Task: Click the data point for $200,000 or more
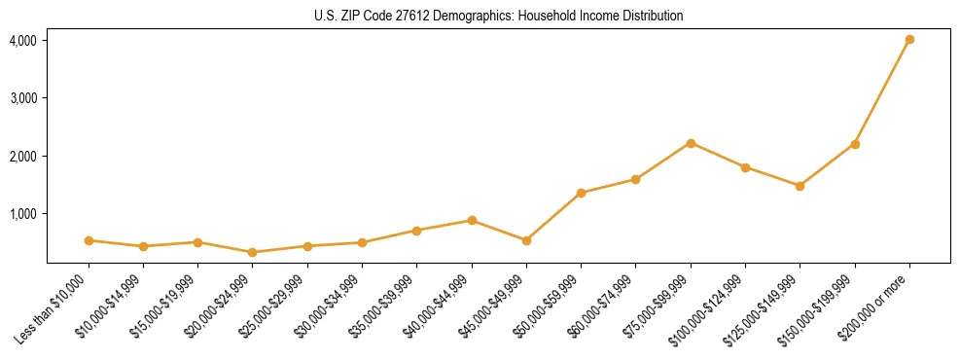[x=909, y=40]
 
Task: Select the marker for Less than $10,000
[x=89, y=240]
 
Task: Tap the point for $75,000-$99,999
[x=691, y=143]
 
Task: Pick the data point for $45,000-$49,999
[x=526, y=240]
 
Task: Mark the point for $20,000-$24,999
[x=253, y=252]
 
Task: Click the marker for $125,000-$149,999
[x=800, y=186]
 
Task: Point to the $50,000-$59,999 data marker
[x=581, y=193]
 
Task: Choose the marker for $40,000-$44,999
[x=472, y=220]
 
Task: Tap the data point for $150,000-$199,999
[x=855, y=144]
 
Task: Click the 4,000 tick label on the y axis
[x=23, y=41]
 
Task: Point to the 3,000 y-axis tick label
[x=23, y=98]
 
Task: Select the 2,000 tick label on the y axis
[x=23, y=156]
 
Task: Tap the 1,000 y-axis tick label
[x=23, y=213]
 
